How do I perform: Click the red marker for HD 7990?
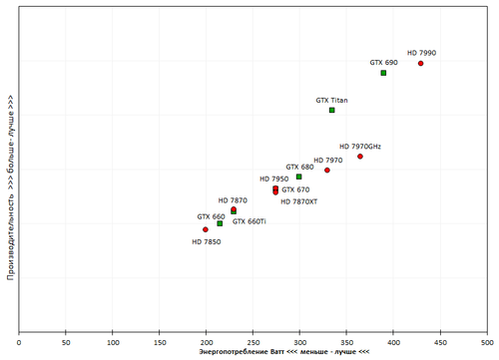tap(420, 63)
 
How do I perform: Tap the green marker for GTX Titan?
tap(332, 110)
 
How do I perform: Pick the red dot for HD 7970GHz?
tap(360, 157)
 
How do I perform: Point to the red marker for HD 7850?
tap(206, 229)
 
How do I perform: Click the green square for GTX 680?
tap(298, 177)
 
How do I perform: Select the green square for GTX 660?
tap(220, 223)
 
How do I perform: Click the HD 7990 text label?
tap(421, 52)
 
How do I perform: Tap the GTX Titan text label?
tap(332, 100)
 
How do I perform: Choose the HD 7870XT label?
tap(298, 201)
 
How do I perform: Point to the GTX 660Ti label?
tap(249, 221)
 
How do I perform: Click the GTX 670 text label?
tap(295, 189)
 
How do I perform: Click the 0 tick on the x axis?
tap(20, 342)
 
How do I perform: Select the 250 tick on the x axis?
tap(253, 342)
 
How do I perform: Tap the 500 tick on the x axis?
tap(486, 342)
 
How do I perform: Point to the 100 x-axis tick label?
tap(113, 342)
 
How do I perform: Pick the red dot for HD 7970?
tap(326, 171)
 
